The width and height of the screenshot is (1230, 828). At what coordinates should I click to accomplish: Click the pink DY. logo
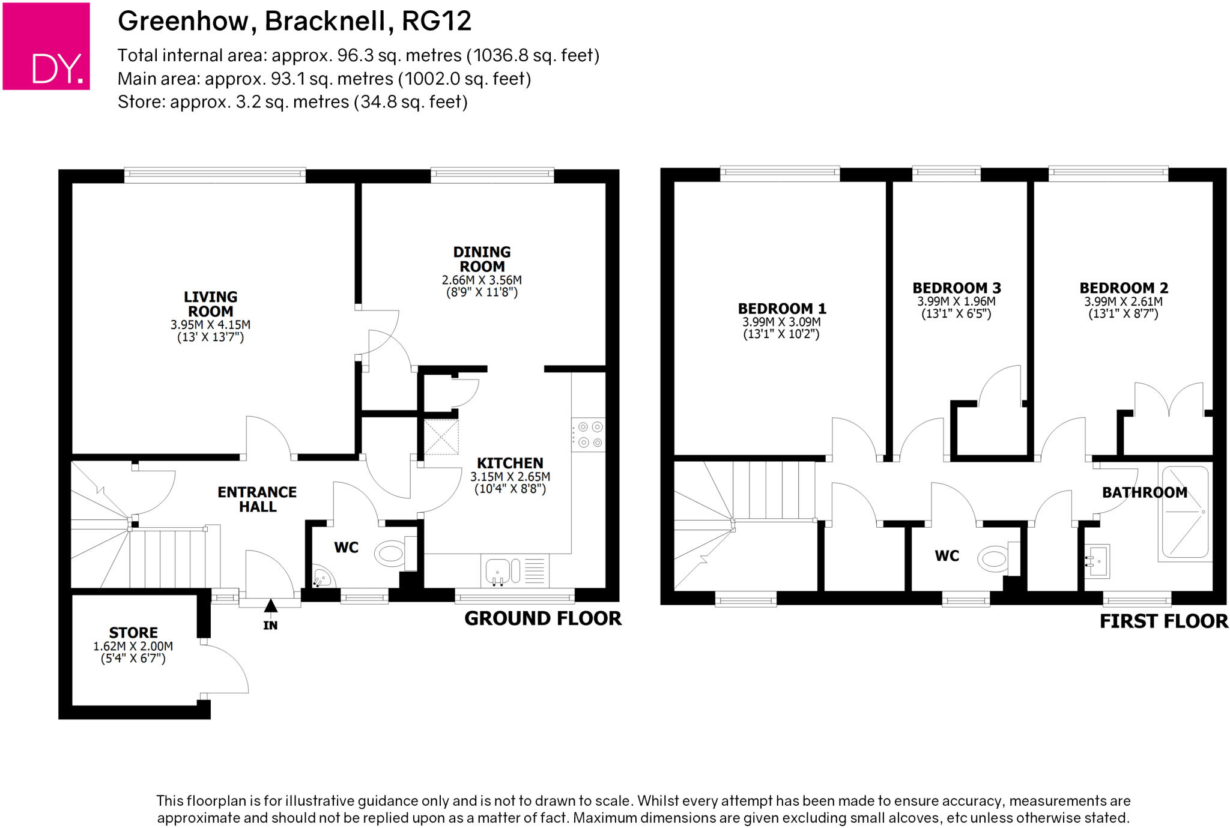pyautogui.click(x=46, y=46)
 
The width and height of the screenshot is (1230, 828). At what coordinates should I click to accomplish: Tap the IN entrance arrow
pyautogui.click(x=271, y=606)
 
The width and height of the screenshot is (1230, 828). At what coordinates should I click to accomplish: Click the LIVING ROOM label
pyautogui.click(x=210, y=304)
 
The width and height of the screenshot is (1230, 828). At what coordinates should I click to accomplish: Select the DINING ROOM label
pyautogui.click(x=482, y=259)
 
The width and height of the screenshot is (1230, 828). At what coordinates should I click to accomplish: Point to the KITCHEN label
pyautogui.click(x=510, y=463)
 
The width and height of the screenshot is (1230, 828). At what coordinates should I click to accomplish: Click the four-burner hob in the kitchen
pyautogui.click(x=589, y=435)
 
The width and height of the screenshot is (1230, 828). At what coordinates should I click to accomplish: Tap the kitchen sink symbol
pyautogui.click(x=498, y=570)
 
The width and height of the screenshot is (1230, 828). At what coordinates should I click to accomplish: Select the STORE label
pyautogui.click(x=133, y=632)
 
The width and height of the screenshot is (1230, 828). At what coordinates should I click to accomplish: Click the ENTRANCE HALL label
pyautogui.click(x=257, y=499)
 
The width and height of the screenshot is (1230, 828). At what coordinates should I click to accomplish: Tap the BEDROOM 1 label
pyautogui.click(x=782, y=309)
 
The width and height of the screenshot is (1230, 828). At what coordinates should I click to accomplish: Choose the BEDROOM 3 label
pyautogui.click(x=957, y=288)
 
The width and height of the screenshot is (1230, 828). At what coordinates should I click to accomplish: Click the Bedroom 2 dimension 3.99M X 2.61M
pyautogui.click(x=1123, y=302)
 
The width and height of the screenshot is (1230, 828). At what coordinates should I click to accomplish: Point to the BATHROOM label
pyautogui.click(x=1145, y=492)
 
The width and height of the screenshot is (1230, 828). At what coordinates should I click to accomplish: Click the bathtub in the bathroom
pyautogui.click(x=1185, y=512)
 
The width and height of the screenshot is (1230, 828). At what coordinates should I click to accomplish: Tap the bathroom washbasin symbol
pyautogui.click(x=1097, y=560)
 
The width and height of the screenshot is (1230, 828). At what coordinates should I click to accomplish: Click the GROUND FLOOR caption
pyautogui.click(x=543, y=618)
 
